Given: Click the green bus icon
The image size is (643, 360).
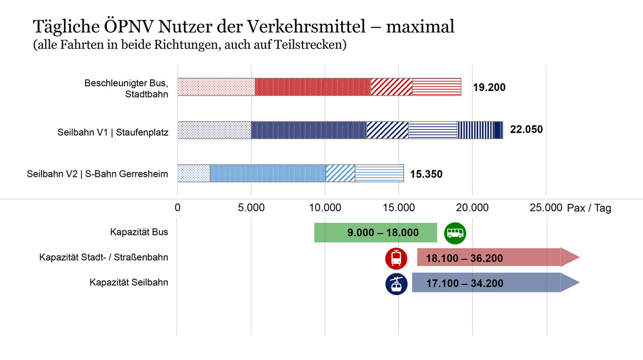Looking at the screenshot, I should click(x=455, y=232).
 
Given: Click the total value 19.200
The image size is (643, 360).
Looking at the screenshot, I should click(x=489, y=88).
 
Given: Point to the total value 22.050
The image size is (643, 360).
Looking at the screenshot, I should click(x=526, y=129).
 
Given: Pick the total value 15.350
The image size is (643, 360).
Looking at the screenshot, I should click(x=426, y=175).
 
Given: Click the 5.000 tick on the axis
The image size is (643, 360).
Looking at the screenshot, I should click(x=251, y=208).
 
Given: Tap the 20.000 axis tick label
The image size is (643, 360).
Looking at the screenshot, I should click(x=472, y=208).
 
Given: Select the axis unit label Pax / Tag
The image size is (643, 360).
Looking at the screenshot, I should click(x=588, y=208).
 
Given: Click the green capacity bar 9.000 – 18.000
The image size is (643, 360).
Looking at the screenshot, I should click(x=376, y=232).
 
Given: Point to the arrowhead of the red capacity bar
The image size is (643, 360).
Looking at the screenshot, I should click(x=570, y=258).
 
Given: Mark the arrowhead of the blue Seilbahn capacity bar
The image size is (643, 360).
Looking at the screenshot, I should click(x=570, y=283).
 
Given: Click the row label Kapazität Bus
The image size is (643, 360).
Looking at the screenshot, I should click(x=139, y=232).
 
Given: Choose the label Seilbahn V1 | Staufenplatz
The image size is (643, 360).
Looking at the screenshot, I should click(x=113, y=132).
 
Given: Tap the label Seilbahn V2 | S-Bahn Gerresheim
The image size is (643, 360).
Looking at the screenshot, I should click(x=97, y=175).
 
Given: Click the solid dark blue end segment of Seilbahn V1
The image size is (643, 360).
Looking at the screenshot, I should click(x=498, y=130).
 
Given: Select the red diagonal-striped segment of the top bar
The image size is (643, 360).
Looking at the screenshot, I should click(x=391, y=87).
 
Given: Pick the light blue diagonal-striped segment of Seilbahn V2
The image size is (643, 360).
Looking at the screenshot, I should click(x=340, y=173).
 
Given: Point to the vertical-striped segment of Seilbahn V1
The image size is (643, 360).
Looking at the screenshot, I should click(x=475, y=130).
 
